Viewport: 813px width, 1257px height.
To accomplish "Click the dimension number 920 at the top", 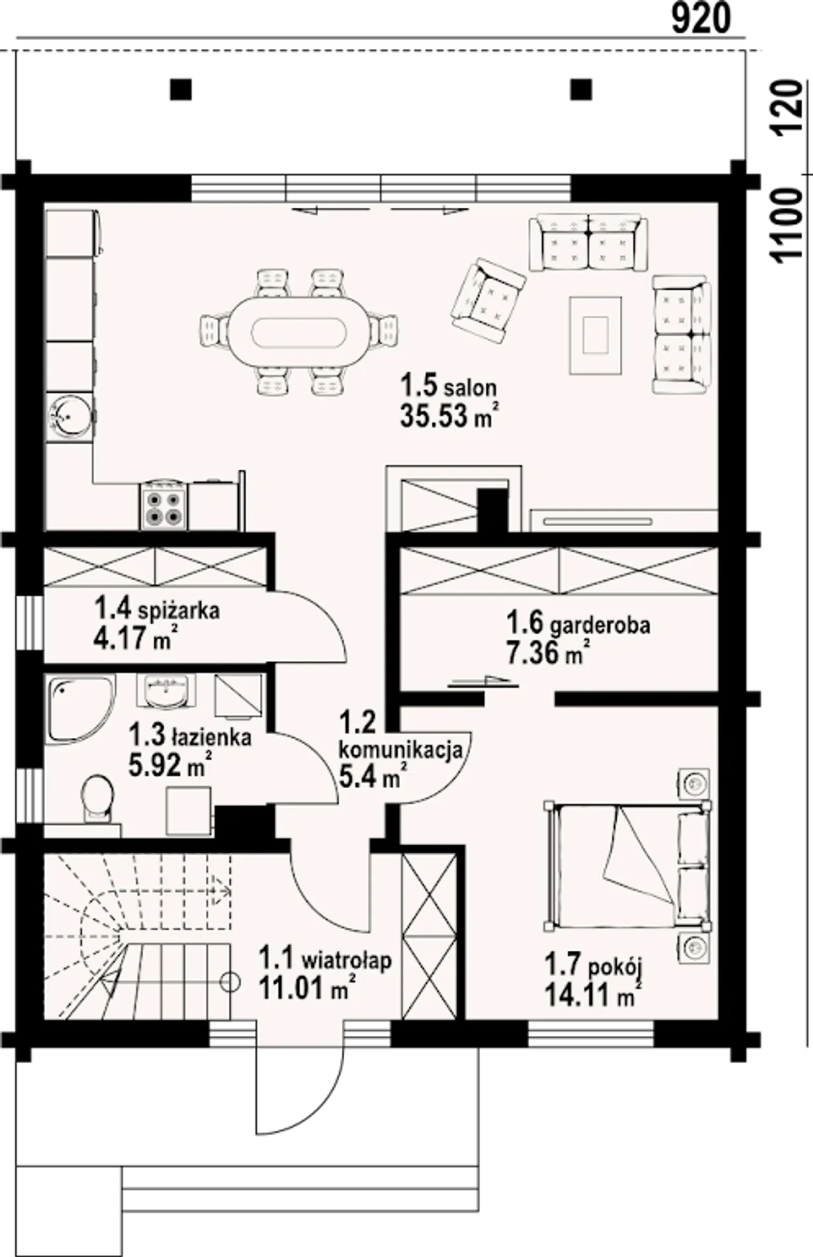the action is (701, 19).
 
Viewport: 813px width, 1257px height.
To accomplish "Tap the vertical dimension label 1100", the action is (786, 224).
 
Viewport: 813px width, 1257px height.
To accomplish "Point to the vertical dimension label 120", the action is (786, 107).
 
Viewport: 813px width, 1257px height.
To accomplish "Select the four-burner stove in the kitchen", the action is (164, 506).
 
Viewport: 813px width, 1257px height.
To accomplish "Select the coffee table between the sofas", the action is (595, 335).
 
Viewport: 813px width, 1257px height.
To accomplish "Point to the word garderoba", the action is (600, 626).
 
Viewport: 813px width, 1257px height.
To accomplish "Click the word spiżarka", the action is (178, 611).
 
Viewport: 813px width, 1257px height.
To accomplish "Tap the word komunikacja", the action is (401, 751).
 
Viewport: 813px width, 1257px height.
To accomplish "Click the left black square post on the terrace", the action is (181, 89).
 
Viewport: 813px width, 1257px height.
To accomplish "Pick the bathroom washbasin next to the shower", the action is (166, 691).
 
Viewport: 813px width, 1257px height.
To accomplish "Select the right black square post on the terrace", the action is (581, 89).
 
